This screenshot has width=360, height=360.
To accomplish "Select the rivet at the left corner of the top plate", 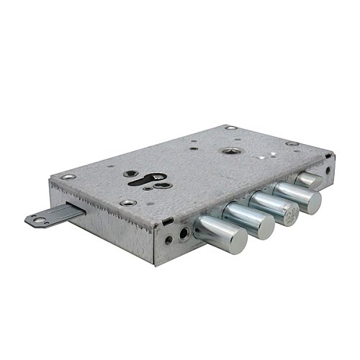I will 66,177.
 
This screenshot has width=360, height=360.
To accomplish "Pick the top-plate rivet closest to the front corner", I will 127,203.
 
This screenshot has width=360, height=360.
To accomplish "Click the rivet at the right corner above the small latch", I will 292,143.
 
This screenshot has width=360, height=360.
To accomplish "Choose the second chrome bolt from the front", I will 248,219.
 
